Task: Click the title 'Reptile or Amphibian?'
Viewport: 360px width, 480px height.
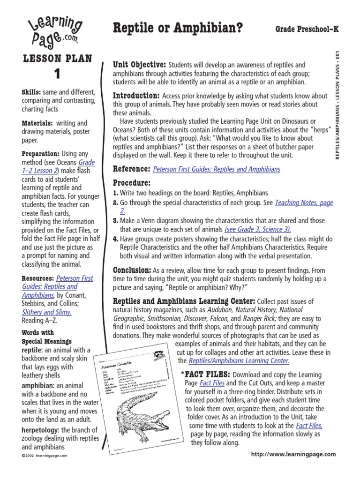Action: [x=178, y=29]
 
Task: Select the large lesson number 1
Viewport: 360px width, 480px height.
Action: [x=57, y=74]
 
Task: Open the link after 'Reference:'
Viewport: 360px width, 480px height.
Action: [x=217, y=169]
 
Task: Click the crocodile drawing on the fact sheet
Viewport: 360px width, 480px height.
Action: [x=141, y=417]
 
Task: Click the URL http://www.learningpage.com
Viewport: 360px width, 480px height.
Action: [x=293, y=454]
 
